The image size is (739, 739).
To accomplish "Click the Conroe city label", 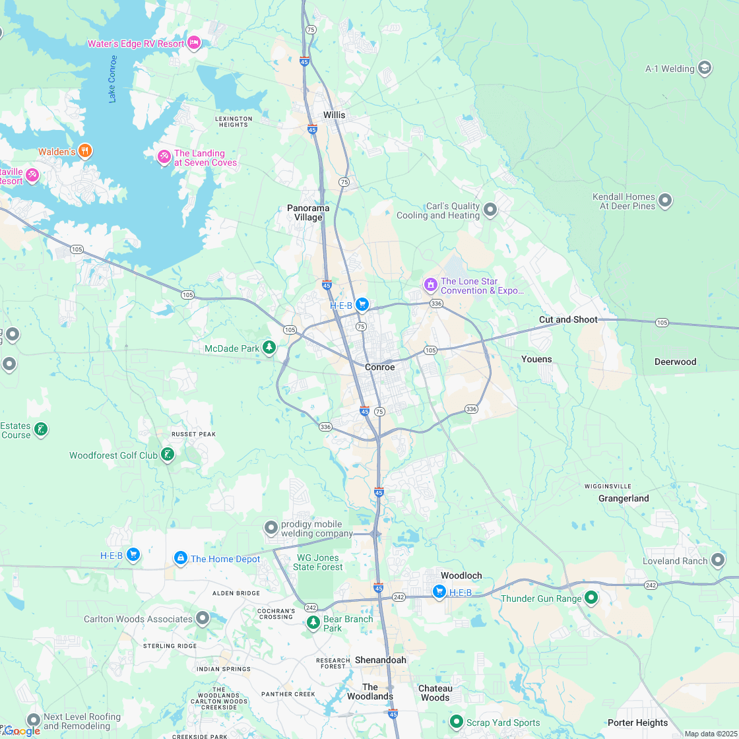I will (x=380, y=367).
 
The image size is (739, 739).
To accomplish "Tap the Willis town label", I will (x=334, y=115).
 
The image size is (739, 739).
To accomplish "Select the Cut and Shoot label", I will (x=568, y=319).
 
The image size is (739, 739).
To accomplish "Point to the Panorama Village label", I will (x=308, y=212).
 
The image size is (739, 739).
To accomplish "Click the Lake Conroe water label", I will (x=112, y=79).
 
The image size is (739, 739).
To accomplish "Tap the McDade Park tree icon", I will (x=269, y=346).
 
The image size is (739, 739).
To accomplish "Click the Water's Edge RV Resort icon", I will (x=193, y=44).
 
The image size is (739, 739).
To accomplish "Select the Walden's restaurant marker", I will (x=84, y=151).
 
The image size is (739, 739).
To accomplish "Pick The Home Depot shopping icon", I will (x=180, y=558).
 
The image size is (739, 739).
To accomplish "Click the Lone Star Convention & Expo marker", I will (x=430, y=285).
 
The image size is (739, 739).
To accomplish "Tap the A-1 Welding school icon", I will (x=705, y=68).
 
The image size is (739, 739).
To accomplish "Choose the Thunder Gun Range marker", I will (x=591, y=598).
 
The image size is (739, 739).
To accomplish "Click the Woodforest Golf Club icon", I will (x=168, y=454).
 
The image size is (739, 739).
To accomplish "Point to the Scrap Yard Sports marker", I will (x=456, y=722).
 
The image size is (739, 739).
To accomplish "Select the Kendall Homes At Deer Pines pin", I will (x=665, y=200).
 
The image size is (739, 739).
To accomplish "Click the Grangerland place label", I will (x=624, y=498).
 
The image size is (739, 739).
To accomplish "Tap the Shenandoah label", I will (x=381, y=660).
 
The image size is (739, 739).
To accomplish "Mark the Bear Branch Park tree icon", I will (x=313, y=622).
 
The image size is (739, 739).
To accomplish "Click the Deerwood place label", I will (x=675, y=362).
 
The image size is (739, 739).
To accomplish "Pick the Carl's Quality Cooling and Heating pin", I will (x=490, y=210).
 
